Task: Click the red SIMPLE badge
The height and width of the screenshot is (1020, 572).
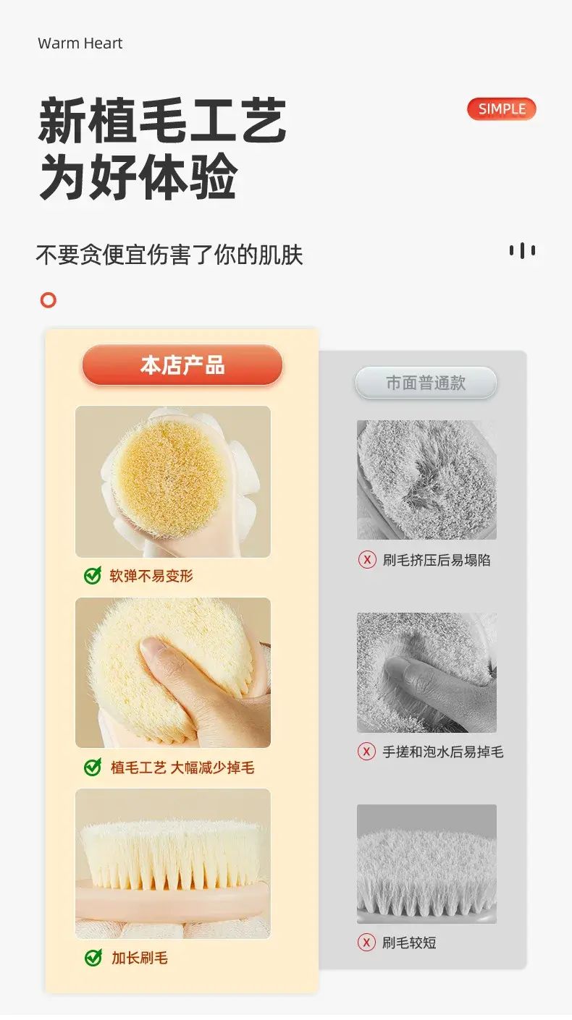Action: (501, 109)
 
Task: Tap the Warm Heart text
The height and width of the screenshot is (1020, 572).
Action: (80, 43)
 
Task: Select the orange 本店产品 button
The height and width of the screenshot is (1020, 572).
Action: (182, 365)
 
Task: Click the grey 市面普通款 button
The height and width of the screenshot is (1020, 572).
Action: (426, 383)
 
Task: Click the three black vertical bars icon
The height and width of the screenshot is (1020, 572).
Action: (522, 250)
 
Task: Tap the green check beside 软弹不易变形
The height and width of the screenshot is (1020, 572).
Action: (93, 575)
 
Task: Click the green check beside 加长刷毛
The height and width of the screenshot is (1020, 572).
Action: (93, 958)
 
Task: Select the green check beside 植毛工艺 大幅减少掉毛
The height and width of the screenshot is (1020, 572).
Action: (93, 768)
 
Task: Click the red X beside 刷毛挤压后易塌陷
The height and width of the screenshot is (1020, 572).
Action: (367, 559)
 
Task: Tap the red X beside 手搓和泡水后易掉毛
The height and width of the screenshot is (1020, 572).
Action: (366, 752)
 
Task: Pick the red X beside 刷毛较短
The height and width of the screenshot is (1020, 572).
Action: (366, 942)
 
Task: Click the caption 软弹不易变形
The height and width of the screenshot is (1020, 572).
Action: (151, 576)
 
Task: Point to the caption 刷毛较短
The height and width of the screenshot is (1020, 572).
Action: (409, 943)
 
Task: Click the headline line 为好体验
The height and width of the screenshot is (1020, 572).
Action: (138, 177)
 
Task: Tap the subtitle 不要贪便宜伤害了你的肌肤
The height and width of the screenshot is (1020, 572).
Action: (169, 255)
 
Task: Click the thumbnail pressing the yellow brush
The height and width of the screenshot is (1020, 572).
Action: (173, 673)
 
